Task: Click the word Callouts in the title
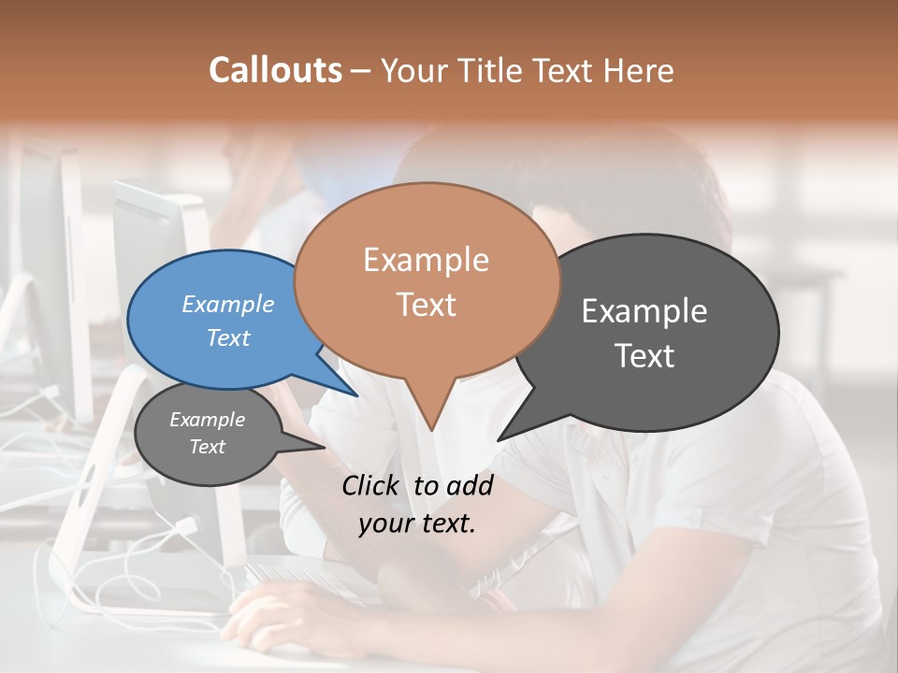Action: [275, 70]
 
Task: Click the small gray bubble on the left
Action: [208, 434]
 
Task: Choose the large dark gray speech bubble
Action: [645, 333]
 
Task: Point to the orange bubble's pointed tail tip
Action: [431, 431]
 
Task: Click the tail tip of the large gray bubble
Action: [499, 439]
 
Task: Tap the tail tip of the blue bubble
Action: [357, 395]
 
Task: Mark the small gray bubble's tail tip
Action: [325, 447]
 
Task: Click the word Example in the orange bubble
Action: [426, 260]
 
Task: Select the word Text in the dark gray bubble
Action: [645, 356]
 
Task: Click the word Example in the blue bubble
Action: [228, 305]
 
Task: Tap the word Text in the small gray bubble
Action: [208, 447]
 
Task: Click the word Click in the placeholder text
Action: [370, 485]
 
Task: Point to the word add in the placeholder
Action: [469, 485]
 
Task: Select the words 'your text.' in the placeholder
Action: [416, 523]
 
